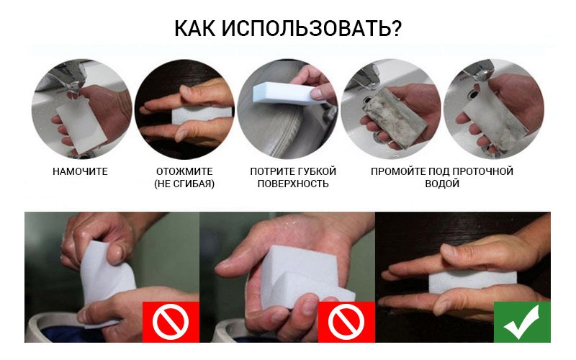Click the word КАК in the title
(194, 28)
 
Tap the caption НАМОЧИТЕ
(80, 171)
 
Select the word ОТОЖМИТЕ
(184, 171)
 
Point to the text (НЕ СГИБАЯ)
(184, 184)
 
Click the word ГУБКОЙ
(317, 171)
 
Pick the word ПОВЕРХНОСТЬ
(293, 184)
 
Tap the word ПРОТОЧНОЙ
(482, 171)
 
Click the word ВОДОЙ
(442, 184)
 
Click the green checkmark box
(522, 322)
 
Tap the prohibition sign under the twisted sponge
(171, 322)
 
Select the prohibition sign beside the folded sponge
(346, 322)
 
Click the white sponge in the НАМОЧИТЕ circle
(80, 123)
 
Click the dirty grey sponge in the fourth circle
(395, 117)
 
